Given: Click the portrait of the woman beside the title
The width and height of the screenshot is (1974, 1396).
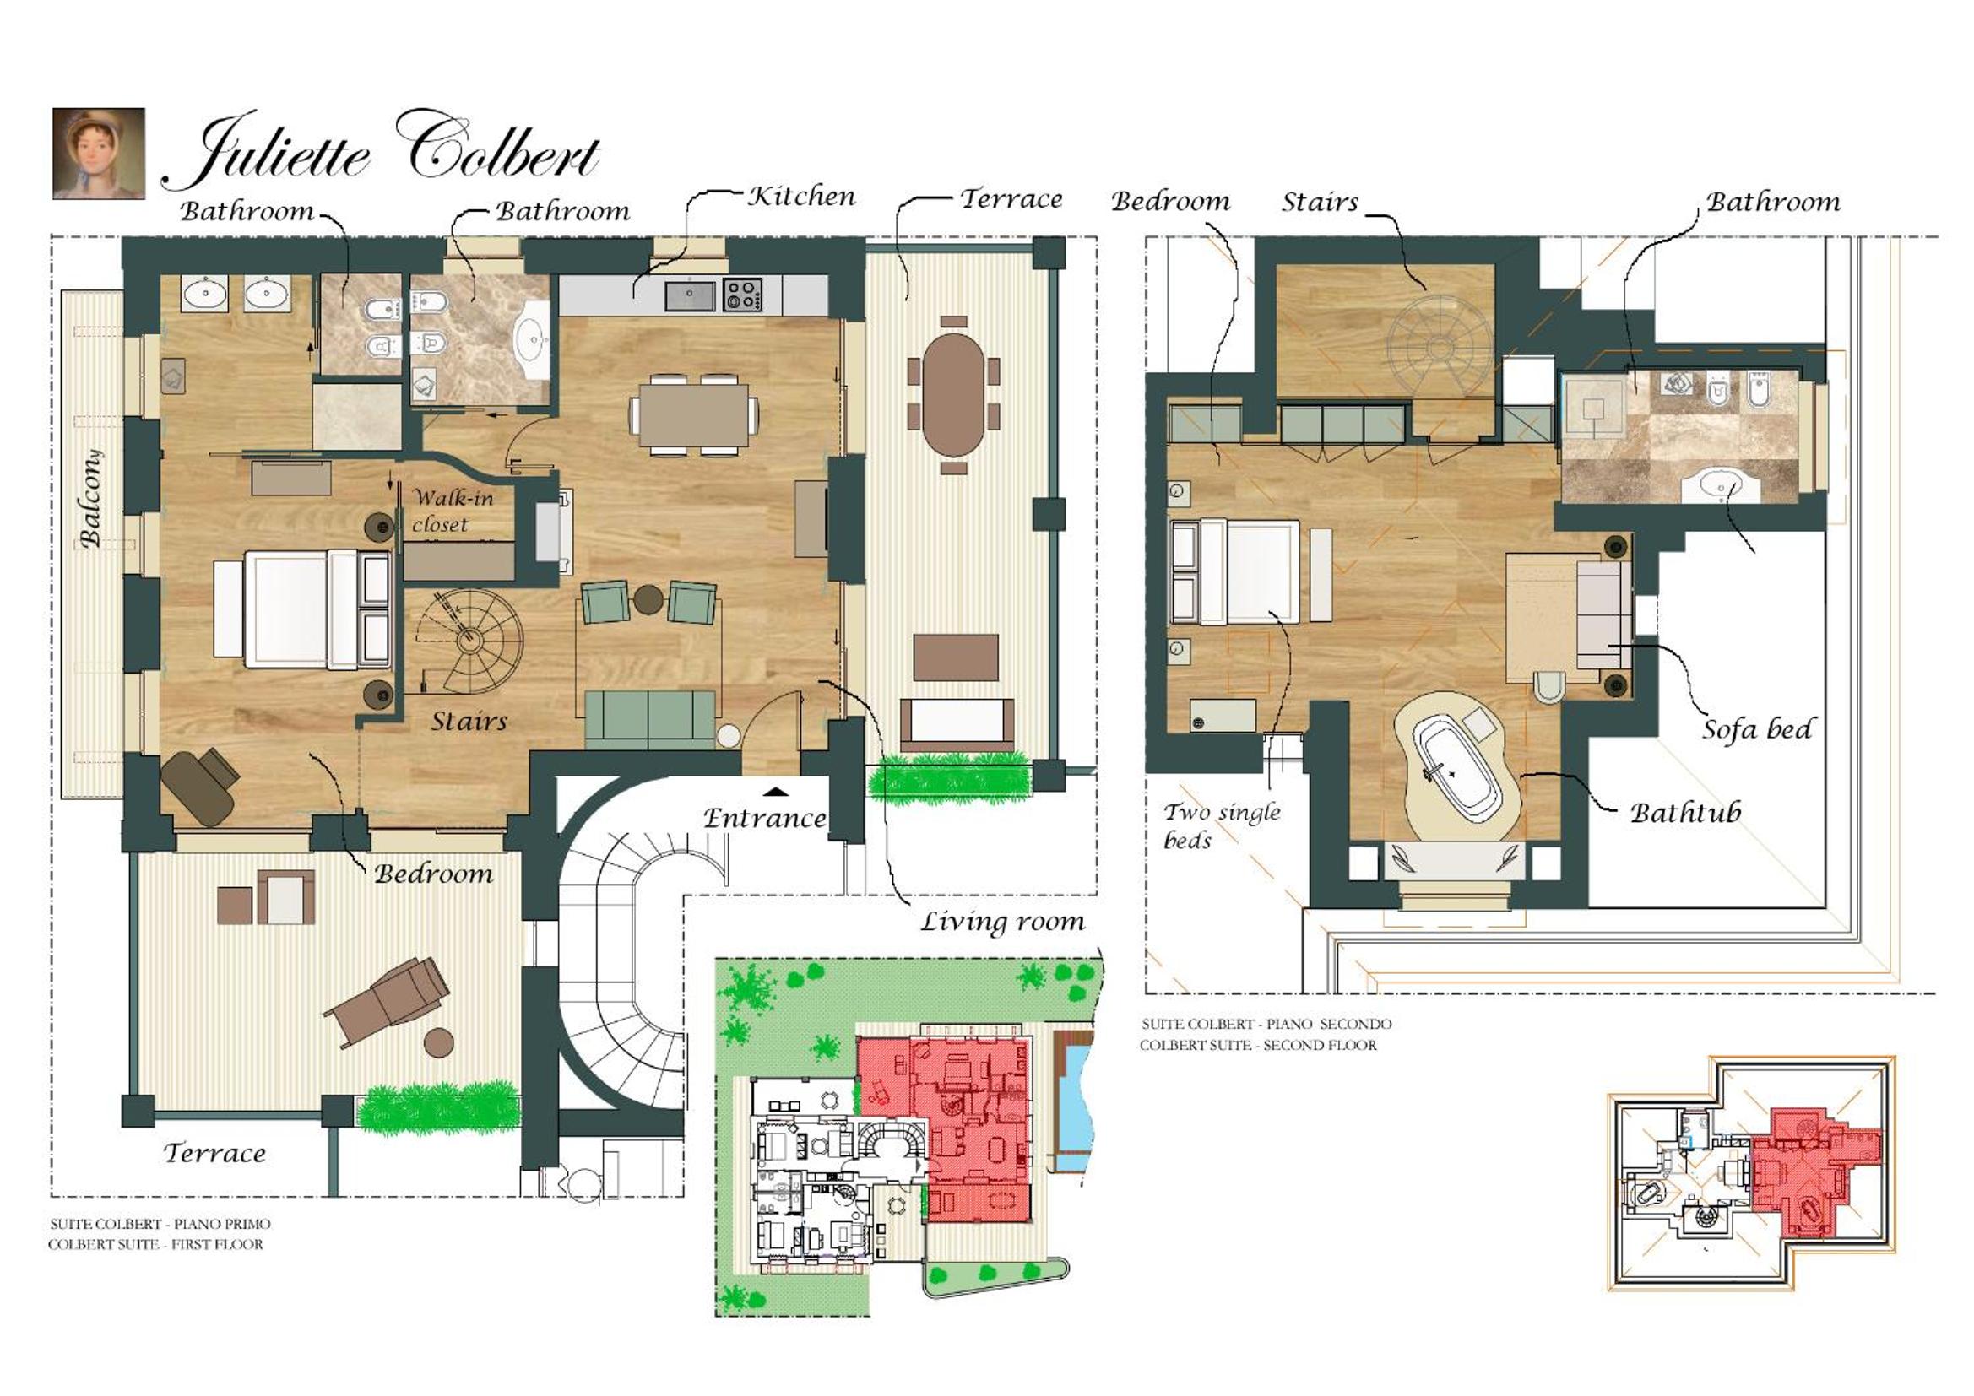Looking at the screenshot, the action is coord(99,154).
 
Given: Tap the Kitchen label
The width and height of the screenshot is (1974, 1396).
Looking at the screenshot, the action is coord(801,197).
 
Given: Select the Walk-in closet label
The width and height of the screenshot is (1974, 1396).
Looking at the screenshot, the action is coord(452,511).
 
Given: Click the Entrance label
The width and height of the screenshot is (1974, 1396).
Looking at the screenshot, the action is coord(764,818).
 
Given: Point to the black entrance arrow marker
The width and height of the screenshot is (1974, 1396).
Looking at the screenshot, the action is coord(777,791).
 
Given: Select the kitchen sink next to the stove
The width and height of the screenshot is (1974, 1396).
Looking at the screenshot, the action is coord(691,295).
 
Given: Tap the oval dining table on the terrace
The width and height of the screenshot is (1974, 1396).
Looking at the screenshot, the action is coord(953,393).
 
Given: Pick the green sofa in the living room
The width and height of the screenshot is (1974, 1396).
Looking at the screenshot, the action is coord(650,718).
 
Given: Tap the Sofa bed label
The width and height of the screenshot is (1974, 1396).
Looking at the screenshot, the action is coord(1757,730).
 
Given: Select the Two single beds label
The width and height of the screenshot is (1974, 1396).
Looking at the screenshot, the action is coord(1222,825).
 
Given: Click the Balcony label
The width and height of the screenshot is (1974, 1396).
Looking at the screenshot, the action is coord(90,499).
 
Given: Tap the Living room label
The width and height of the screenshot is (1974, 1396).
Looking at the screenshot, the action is coord(1002,923).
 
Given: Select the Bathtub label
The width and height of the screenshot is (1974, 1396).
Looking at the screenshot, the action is coord(1685,812).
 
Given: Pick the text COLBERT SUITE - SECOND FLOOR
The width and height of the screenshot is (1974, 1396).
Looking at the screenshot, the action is coord(1258,1045).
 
